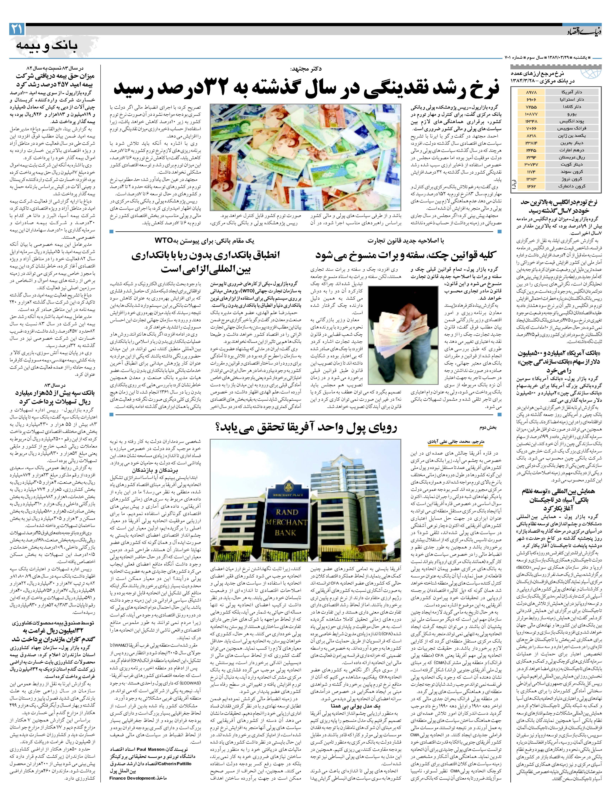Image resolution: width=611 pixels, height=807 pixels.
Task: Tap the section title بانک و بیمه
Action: coord(47,46)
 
